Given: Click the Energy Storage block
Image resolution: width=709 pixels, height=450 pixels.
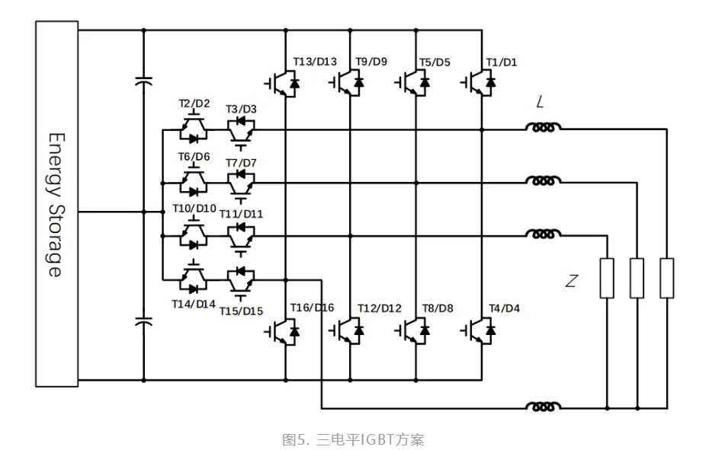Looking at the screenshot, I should pos(56,204).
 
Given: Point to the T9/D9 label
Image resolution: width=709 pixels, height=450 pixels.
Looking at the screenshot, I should pos(371,62).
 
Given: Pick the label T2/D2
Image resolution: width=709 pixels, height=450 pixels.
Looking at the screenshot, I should pos(194,104).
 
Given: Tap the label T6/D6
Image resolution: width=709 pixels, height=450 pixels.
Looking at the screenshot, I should pos(194,157).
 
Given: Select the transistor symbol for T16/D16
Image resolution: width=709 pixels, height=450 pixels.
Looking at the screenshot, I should pos(284,330).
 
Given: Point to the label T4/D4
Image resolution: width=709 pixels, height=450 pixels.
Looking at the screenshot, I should pos(504,308).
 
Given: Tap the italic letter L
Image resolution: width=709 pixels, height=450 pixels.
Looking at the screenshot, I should pos(540,103).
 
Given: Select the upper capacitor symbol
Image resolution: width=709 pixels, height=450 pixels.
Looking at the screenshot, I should pos(143,81).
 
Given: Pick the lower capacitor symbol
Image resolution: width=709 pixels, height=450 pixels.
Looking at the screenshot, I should pos(143,323).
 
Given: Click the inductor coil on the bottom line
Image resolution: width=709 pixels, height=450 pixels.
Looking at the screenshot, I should pos(543,407).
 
